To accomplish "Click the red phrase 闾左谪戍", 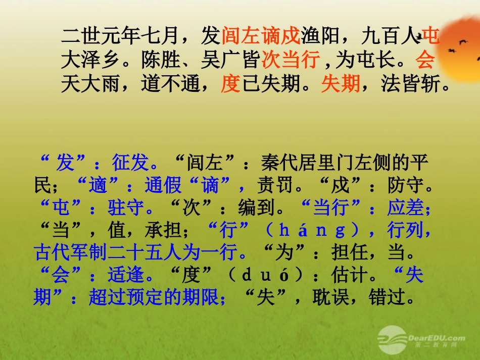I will pyautogui.click(x=260, y=36).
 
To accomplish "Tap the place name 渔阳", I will pyautogui.click(x=320, y=36).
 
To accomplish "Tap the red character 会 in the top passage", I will pyautogui.click(x=425, y=61).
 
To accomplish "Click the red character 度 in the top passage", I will pyautogui.click(x=230, y=84).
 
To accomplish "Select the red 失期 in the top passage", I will pyautogui.click(x=340, y=84).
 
